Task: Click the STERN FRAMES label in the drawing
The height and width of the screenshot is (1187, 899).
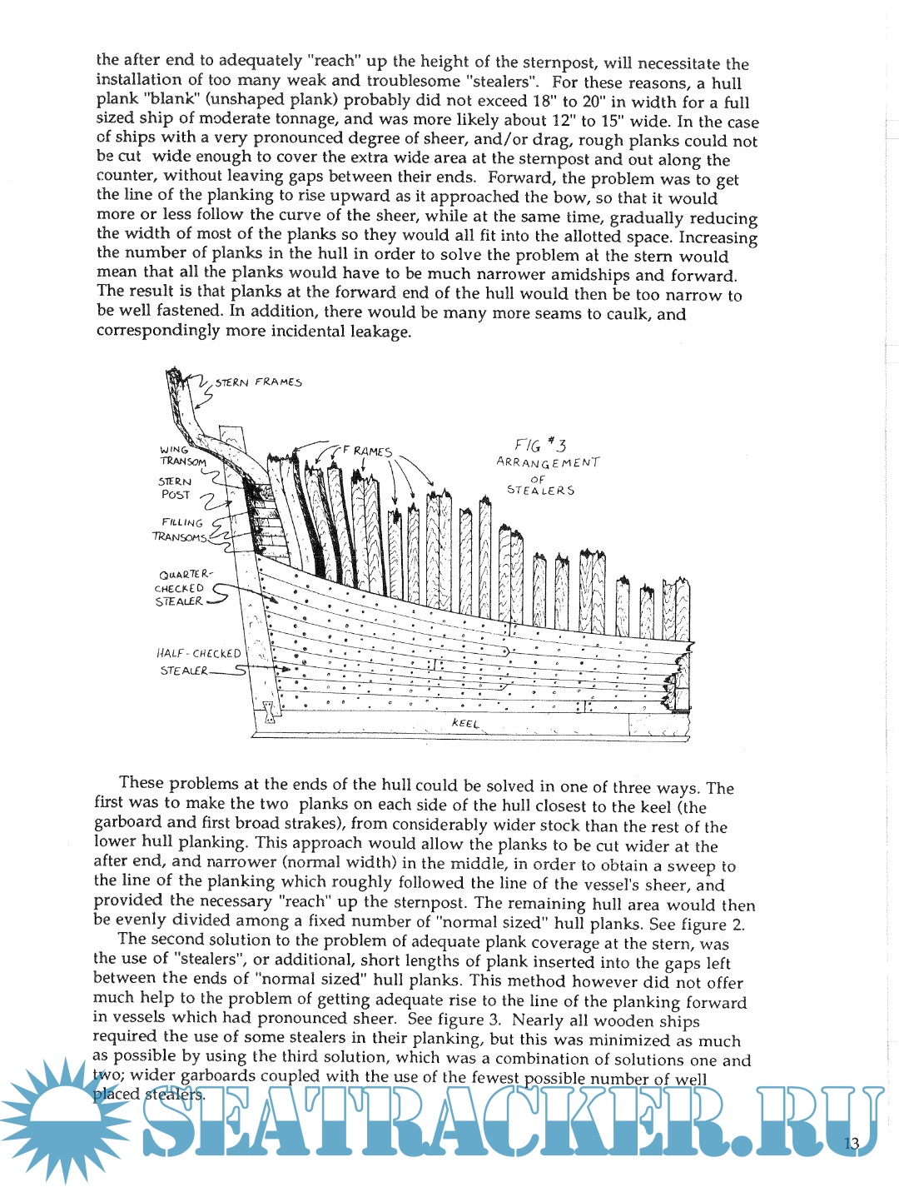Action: [x=258, y=382]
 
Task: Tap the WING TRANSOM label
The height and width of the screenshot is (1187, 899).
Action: [x=183, y=456]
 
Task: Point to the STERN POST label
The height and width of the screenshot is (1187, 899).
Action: [x=175, y=488]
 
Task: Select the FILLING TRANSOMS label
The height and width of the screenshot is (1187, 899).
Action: [x=181, y=530]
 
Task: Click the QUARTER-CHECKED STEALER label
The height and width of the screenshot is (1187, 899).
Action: [x=181, y=587]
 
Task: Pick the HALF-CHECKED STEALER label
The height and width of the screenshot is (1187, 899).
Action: [x=198, y=662]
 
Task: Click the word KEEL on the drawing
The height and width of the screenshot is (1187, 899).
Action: [x=465, y=723]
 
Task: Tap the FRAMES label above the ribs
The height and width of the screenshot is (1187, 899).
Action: [x=367, y=451]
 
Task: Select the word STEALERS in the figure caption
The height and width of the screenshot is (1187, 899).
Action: [x=541, y=491]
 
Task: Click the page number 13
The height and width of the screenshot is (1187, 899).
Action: [x=852, y=1143]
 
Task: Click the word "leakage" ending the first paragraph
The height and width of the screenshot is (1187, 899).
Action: [x=380, y=332]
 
